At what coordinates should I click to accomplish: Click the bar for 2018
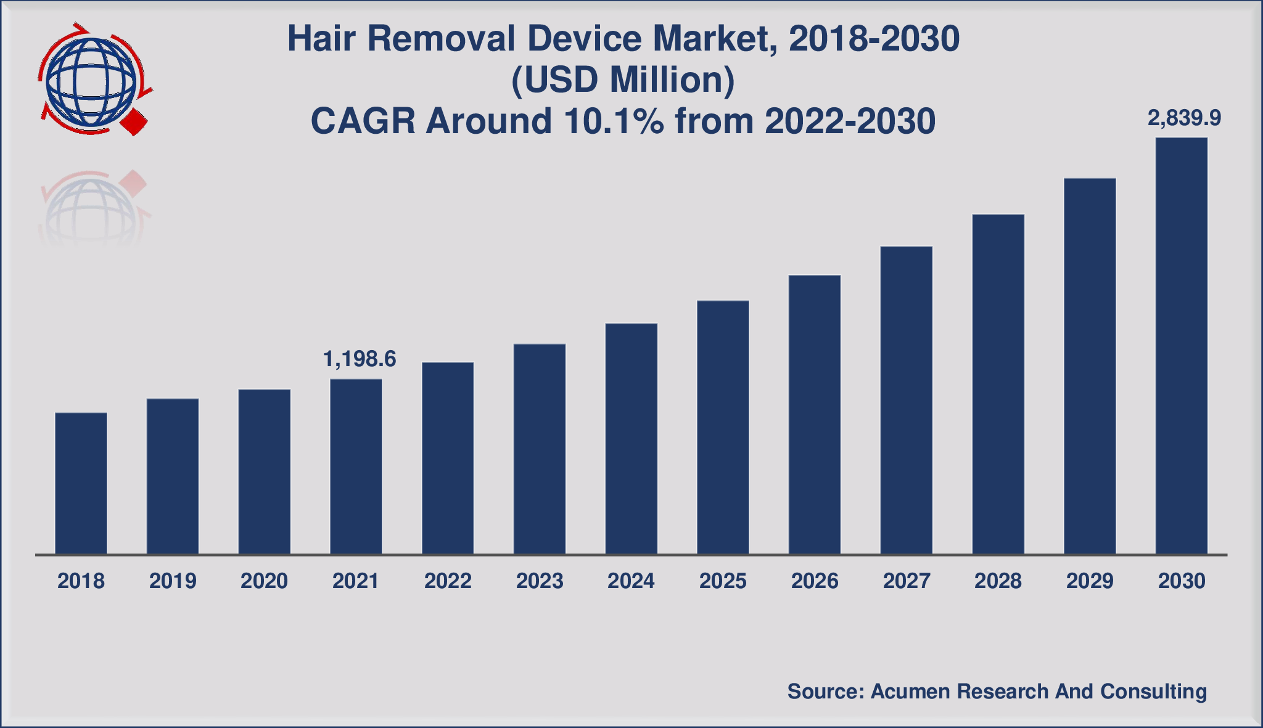(x=81, y=483)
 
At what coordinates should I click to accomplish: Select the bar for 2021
(x=356, y=467)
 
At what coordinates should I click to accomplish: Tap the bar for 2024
(x=631, y=439)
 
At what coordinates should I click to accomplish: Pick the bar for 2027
(x=906, y=401)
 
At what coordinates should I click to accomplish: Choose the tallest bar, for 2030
(x=1181, y=346)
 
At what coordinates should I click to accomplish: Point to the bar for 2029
(x=1090, y=366)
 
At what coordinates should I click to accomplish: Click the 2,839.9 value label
(x=1184, y=118)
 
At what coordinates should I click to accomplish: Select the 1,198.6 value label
(x=360, y=359)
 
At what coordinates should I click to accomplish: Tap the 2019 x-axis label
(x=173, y=581)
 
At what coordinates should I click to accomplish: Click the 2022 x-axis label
(x=448, y=581)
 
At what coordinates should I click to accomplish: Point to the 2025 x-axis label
(x=723, y=581)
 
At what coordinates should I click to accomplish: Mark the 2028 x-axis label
(x=998, y=581)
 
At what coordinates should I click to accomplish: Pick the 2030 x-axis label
(x=1182, y=581)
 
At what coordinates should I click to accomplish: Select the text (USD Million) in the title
(x=623, y=80)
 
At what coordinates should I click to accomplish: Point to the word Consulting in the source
(x=1153, y=692)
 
